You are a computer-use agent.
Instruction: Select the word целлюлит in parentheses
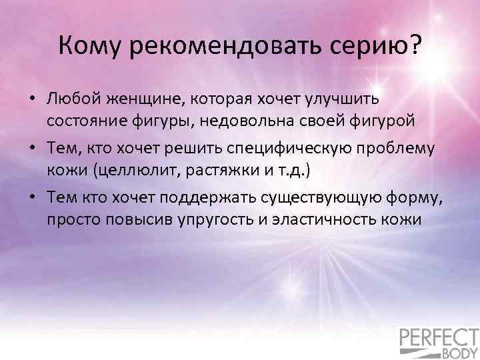click(137, 171)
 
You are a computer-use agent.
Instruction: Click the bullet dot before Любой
click(33, 100)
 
